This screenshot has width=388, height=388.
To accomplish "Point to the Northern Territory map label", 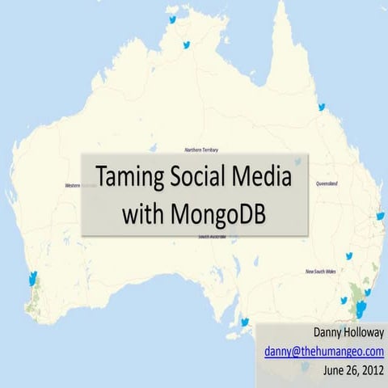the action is click(201, 150).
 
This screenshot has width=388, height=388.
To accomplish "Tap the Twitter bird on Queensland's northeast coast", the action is click(321, 107).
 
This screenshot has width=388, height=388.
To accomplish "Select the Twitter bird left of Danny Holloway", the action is click(244, 322).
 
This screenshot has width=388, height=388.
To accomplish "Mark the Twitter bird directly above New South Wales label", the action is click(349, 256).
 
